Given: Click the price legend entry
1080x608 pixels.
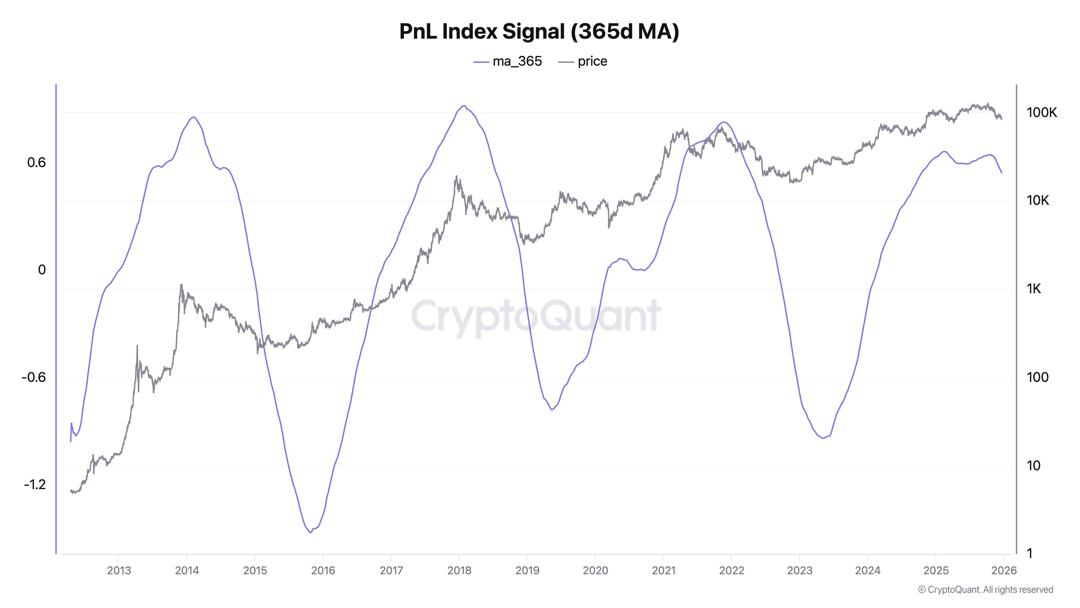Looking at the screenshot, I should coord(583,62).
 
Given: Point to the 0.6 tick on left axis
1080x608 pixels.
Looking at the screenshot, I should coord(36,162).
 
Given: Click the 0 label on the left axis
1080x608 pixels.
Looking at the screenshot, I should coord(42,270).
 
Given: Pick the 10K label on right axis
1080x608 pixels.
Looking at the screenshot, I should coord(1038,201).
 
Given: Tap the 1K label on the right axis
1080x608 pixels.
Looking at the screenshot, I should coord(1034,289).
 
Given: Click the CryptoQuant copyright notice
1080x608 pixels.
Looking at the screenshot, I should coord(985,590).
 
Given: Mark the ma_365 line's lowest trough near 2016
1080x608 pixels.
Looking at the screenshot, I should coord(310,532).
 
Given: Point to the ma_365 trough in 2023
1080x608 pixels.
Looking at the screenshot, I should coord(823,438).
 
